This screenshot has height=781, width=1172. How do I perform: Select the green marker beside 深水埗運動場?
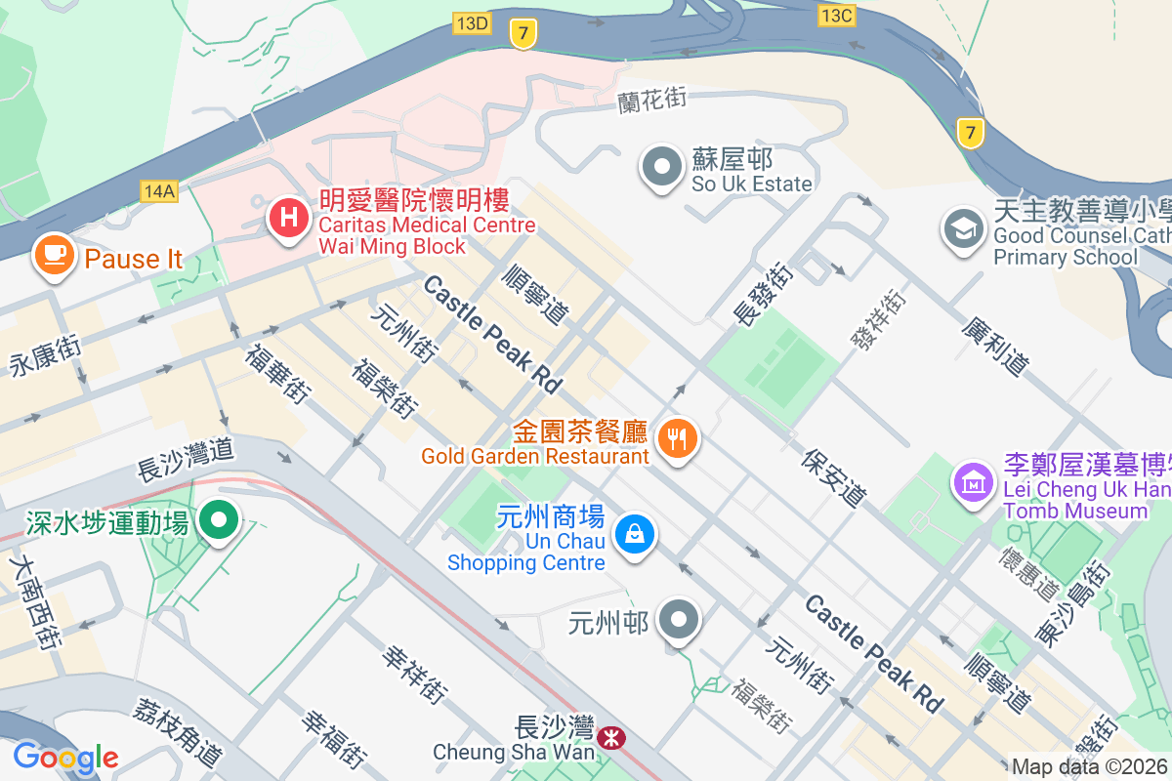(x=218, y=520)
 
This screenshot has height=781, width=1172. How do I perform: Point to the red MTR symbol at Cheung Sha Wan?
(x=612, y=739)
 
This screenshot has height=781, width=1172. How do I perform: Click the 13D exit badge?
(x=472, y=22)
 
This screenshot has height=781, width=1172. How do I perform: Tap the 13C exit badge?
(x=837, y=16)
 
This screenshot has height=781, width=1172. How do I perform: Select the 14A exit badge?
(x=158, y=191)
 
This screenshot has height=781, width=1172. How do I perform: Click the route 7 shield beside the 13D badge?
(x=523, y=35)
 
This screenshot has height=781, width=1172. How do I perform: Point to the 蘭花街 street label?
(x=652, y=99)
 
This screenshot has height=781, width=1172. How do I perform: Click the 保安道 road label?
(x=835, y=477)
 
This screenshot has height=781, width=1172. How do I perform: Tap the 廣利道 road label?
(x=995, y=347)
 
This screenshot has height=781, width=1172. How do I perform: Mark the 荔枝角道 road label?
(x=180, y=731)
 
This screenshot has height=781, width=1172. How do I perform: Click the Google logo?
(x=65, y=758)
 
